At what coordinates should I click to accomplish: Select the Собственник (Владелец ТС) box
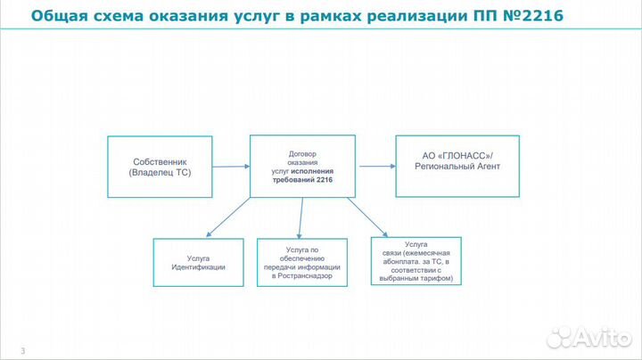[160, 167]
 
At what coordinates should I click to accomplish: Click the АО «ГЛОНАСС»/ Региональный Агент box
[458, 167]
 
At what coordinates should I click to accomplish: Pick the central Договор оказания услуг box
[302, 166]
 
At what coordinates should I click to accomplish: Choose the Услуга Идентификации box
[198, 262]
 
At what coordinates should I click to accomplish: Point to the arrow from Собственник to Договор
[231, 166]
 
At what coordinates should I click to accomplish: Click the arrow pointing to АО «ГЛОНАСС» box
[375, 166]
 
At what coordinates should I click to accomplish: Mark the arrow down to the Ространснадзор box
[301, 217]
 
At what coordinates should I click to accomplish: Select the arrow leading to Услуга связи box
[366, 217]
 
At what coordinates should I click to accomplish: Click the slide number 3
[22, 350]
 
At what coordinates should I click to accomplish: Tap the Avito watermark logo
[588, 337]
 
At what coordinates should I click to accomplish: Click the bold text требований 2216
[302, 179]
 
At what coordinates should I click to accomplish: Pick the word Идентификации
[198, 267]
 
